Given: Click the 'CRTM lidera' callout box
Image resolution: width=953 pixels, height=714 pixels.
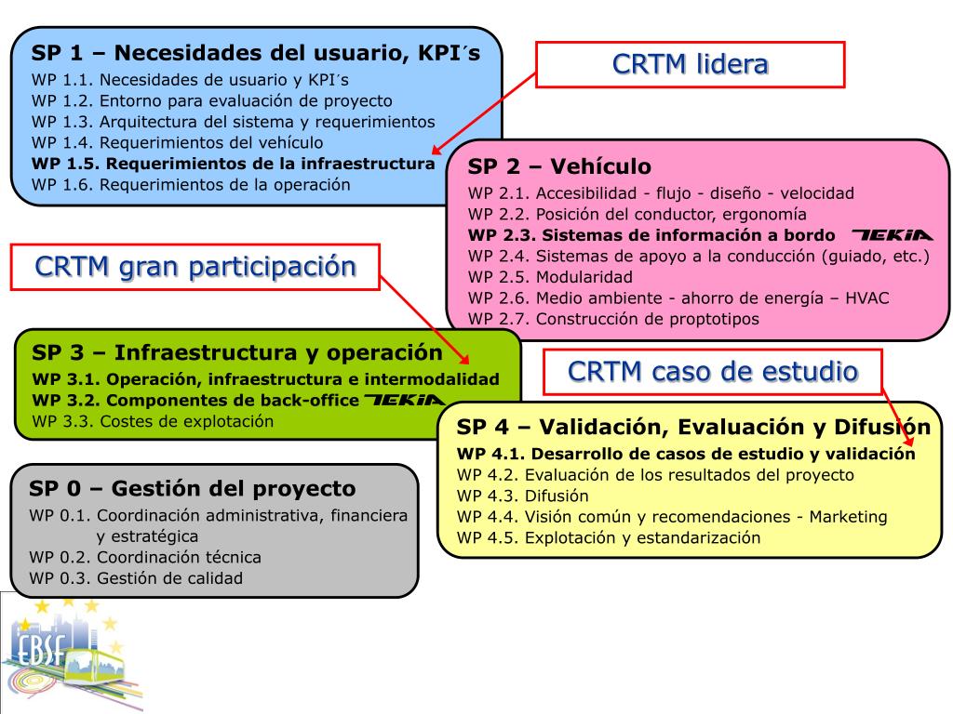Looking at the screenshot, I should (690, 65).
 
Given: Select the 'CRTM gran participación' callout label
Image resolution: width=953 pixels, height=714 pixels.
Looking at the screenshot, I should (195, 267).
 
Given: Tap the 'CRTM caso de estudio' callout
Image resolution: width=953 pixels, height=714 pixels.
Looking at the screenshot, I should (713, 372).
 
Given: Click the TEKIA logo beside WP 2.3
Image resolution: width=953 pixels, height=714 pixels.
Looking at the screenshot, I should (892, 235).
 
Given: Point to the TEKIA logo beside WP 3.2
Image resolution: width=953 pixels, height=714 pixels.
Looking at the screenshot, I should (404, 401).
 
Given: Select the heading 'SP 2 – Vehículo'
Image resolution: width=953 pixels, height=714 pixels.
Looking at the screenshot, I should (559, 167).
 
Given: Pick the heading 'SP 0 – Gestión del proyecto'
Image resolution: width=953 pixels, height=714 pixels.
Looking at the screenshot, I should (193, 488).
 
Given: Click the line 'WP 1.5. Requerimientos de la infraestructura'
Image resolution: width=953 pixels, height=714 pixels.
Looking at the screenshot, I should (233, 164).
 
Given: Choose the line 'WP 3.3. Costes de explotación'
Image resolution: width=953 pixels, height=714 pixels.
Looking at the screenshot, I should (153, 421).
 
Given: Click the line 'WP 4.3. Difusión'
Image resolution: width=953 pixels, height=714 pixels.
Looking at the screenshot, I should (523, 496).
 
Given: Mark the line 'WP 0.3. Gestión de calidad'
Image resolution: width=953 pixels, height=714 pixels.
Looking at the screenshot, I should (136, 578).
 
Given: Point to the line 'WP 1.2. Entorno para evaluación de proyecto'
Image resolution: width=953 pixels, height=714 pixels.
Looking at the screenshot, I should (211, 101).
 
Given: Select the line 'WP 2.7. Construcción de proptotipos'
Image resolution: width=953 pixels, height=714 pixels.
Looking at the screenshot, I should (613, 319).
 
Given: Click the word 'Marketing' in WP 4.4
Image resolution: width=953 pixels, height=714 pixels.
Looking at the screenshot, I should (848, 517).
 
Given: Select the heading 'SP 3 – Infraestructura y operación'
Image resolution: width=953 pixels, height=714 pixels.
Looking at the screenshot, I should (237, 353).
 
